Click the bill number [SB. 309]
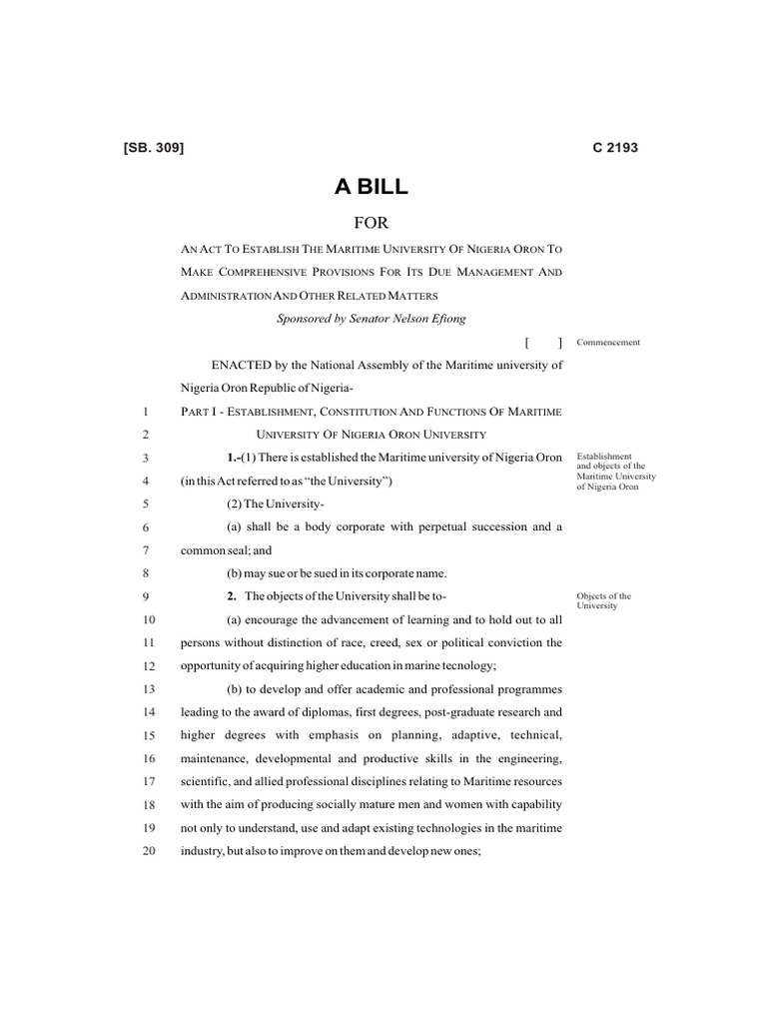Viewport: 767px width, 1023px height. (153, 148)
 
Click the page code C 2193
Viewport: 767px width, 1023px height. (614, 148)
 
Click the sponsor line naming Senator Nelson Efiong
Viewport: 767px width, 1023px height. (370, 319)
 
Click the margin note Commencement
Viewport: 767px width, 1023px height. (608, 343)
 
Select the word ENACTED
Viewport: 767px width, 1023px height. (231, 366)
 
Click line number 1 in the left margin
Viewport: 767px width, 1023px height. (146, 412)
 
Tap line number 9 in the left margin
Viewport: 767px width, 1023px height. (146, 596)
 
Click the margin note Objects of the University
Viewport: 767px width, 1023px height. (603, 601)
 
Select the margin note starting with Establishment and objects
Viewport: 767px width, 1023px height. (611, 471)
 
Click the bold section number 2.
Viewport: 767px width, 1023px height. (231, 596)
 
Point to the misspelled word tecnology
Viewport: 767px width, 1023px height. (468, 665)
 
